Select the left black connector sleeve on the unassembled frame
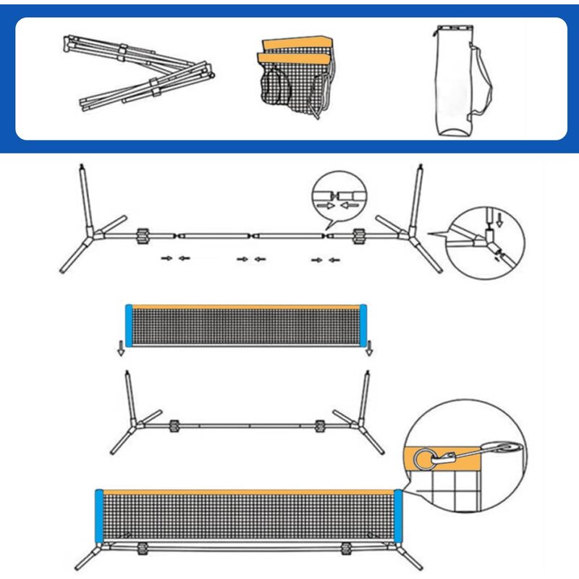(143, 237)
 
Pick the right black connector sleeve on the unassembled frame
(358, 237)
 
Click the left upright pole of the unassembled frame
(84, 195)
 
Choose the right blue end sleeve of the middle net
(364, 325)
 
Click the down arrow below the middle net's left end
(121, 352)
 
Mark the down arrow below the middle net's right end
(369, 352)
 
